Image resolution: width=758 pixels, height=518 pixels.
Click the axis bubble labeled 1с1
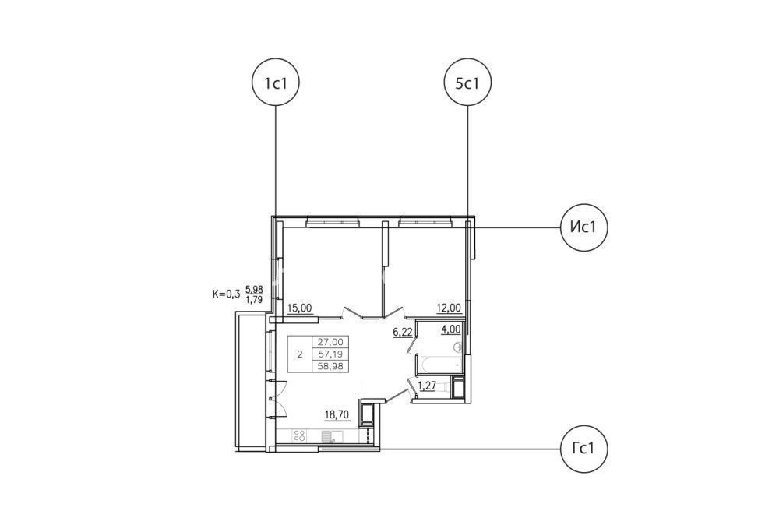click(x=276, y=83)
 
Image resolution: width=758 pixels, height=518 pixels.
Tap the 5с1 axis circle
click(x=467, y=83)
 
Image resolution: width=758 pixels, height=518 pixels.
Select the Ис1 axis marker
click(x=583, y=227)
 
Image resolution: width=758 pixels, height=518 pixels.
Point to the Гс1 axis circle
click(x=583, y=449)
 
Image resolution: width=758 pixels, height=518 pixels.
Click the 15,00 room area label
click(x=300, y=308)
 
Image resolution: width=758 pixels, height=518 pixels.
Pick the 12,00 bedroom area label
click(x=449, y=308)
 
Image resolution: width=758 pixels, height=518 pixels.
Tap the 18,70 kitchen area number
click(x=337, y=414)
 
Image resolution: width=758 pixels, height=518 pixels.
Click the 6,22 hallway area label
click(x=402, y=332)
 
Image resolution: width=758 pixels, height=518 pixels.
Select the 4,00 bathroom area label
click(x=450, y=329)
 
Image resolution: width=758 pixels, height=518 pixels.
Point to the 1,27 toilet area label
click(x=427, y=386)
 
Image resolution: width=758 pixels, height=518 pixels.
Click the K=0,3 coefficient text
click(x=226, y=294)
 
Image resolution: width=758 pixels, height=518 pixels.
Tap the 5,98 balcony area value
click(x=254, y=290)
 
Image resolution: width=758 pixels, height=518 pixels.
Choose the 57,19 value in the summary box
click(x=330, y=354)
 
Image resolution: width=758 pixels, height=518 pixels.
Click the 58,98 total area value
click(x=330, y=366)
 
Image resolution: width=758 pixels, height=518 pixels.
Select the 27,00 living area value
click(x=330, y=342)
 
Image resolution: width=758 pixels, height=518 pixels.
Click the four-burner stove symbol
click(x=299, y=435)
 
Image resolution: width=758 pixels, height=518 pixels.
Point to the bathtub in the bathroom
click(x=438, y=365)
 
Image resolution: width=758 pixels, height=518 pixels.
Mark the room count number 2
click(x=300, y=354)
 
